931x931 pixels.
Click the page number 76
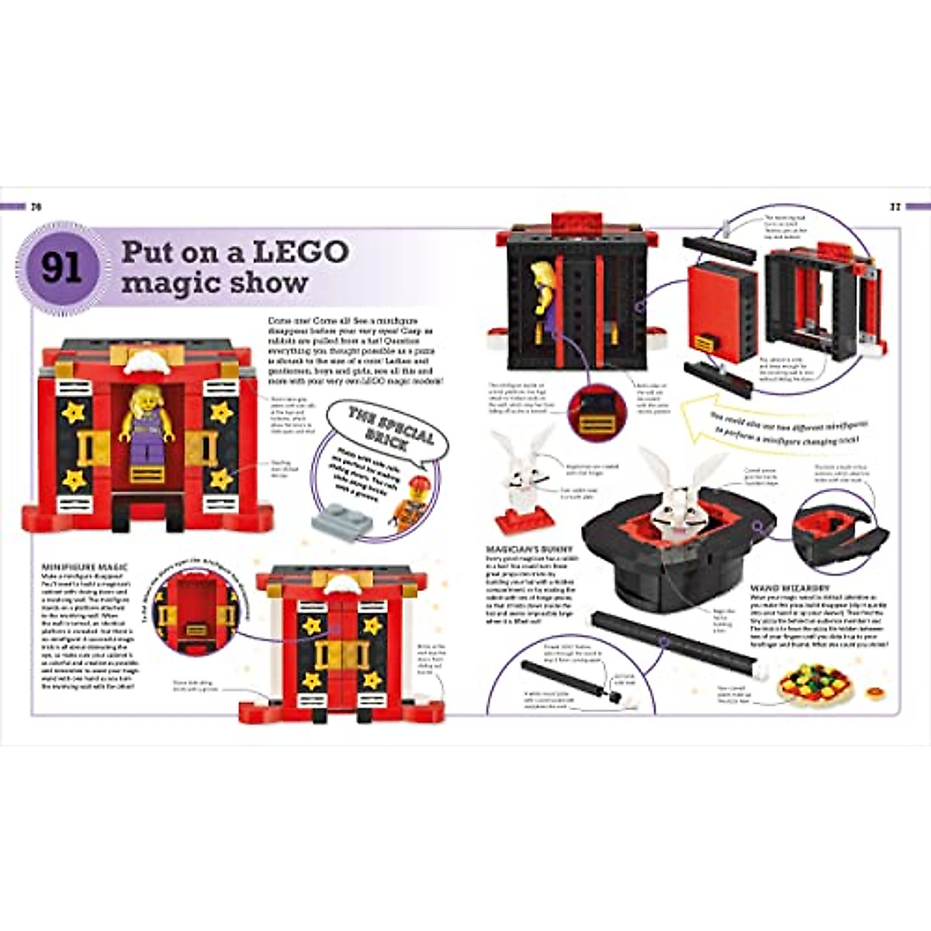tap(35, 206)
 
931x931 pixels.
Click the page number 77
tap(893, 206)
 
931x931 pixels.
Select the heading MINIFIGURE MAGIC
tap(85, 568)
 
